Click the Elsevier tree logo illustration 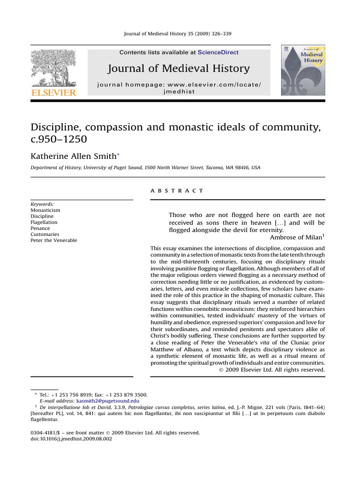tap(53, 68)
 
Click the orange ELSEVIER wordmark tap(53, 93)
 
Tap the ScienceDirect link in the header tap(218, 52)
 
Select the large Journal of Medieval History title tap(179, 69)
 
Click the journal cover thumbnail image tap(302, 70)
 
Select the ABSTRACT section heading tap(177, 191)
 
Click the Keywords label tap(42, 204)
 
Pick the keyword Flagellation tap(44, 222)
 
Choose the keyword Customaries tap(45, 234)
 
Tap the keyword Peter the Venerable tap(53, 240)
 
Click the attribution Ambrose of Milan tap(295, 237)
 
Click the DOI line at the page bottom tap(71, 439)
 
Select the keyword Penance tap(40, 228)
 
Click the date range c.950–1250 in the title tap(59, 140)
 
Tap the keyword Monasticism tap(45, 210)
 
